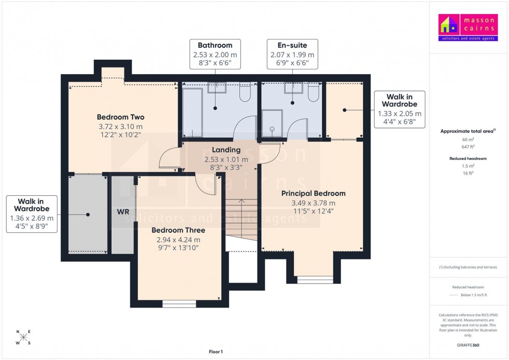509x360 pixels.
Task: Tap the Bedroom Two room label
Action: coord(120,117)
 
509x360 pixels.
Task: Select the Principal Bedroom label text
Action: coord(313,193)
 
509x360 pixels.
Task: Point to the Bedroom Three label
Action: coord(178,230)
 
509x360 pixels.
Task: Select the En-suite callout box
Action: coord(292,54)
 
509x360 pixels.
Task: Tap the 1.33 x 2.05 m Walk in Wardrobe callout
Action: coord(399,110)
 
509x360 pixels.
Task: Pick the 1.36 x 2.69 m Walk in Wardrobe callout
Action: coord(31,214)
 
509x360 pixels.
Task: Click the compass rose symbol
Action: coord(23,338)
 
